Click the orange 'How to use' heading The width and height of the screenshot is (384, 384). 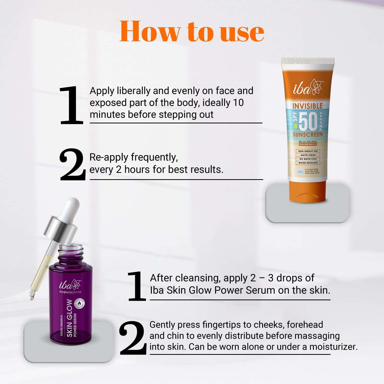(x=192, y=31)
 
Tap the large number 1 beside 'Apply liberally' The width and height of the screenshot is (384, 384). (x=71, y=105)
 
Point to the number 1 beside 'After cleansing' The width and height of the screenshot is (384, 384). (x=137, y=286)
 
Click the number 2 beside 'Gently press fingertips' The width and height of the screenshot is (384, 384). (x=132, y=338)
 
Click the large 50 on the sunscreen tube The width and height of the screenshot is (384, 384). (x=308, y=121)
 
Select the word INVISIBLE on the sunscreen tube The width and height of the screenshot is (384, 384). (x=307, y=106)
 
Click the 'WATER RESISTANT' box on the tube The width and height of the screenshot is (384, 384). (x=308, y=163)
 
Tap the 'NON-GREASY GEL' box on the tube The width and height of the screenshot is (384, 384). (x=308, y=151)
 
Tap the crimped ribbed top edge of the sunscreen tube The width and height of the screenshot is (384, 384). (x=307, y=61)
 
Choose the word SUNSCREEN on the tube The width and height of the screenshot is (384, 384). (x=308, y=134)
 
